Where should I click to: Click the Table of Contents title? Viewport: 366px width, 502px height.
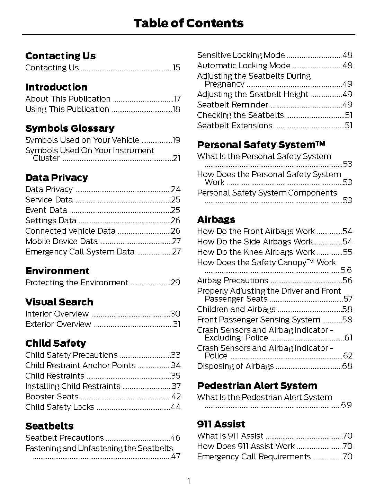pos(188,23)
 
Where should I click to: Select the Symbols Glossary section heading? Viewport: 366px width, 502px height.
pos(70,128)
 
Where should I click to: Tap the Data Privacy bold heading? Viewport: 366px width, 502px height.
pos(56,178)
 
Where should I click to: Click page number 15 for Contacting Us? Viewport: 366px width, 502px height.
pos(177,68)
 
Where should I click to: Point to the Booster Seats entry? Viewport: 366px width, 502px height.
pos(52,397)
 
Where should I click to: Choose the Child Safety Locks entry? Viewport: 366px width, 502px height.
pos(60,407)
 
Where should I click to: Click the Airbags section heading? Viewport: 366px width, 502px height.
pos(216,219)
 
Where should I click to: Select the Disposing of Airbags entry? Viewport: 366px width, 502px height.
pos(235,366)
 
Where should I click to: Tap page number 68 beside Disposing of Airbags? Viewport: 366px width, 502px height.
pos(347,366)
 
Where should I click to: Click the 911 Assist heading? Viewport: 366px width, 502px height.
pos(221,424)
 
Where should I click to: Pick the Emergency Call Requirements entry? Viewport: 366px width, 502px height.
pos(254,457)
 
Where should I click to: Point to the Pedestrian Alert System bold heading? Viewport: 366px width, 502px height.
pos(257,386)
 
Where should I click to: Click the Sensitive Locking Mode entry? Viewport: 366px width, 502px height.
pos(241,55)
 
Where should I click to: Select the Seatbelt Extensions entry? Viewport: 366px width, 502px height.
pos(234,125)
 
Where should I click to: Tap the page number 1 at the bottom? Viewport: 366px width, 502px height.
pos(188,482)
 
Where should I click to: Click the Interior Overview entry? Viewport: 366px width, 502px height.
pos(57,314)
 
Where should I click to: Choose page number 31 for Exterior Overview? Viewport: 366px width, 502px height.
pos(177,324)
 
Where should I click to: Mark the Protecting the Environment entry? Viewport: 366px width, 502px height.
pos(77,283)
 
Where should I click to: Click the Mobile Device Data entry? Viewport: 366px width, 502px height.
pos(61,241)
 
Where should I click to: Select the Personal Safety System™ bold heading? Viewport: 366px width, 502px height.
pos(261,145)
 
